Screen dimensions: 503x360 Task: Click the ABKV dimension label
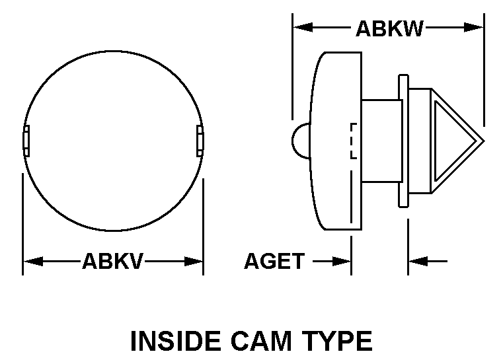pyautogui.click(x=112, y=261)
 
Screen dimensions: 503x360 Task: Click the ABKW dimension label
pyautogui.click(x=389, y=28)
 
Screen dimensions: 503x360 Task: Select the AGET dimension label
pyautogui.click(x=274, y=261)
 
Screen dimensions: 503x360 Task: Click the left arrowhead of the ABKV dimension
pyautogui.click(x=33, y=262)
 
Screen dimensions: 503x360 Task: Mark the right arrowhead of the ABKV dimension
pyautogui.click(x=193, y=262)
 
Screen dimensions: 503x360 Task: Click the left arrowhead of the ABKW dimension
pyautogui.click(x=303, y=27)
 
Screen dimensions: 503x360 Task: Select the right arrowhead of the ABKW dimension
pyautogui.click(x=473, y=27)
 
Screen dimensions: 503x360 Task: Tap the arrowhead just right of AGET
pyautogui.click(x=341, y=262)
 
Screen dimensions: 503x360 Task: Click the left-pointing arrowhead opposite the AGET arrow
pyautogui.click(x=418, y=262)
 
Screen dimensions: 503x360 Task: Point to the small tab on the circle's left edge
pyautogui.click(x=26, y=141)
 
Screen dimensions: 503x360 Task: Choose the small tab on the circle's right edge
pyautogui.click(x=200, y=141)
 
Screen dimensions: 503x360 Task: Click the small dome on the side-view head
pyautogui.click(x=301, y=141)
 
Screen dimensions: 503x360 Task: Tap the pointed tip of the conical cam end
pyautogui.click(x=484, y=141)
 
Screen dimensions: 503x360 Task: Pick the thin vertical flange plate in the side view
pyautogui.click(x=404, y=141)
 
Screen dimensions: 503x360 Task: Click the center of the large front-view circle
pyautogui.click(x=113, y=141)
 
